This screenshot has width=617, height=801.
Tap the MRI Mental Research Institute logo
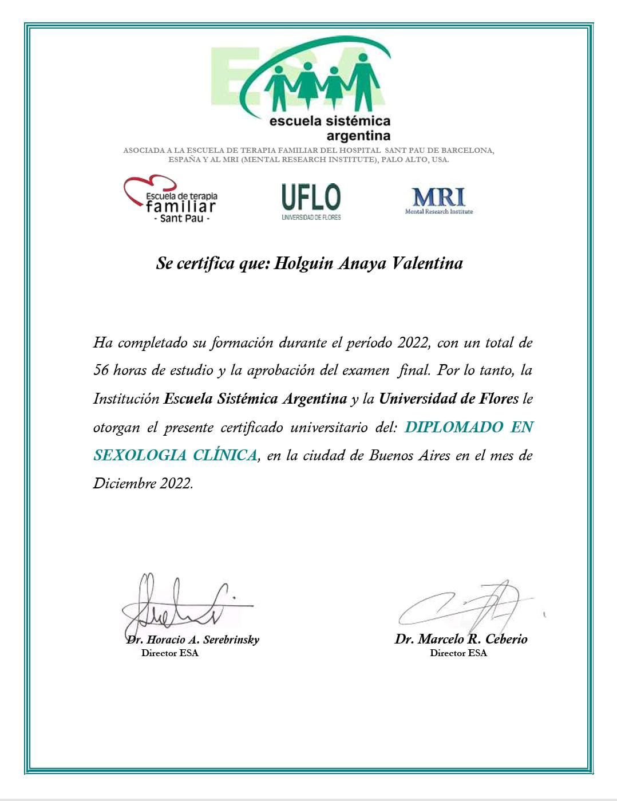point(439,201)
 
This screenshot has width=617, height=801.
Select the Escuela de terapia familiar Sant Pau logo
point(172,200)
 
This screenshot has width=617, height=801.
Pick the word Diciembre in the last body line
point(124,484)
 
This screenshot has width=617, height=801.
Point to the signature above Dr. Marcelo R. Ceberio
point(464,605)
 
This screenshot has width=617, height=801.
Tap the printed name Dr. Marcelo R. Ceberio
point(461,639)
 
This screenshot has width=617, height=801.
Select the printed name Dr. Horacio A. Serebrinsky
point(193,640)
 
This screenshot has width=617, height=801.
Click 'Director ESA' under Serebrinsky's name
point(170,653)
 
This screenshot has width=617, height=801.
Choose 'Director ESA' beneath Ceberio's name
point(458,653)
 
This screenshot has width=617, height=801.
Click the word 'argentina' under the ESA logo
point(358,136)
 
